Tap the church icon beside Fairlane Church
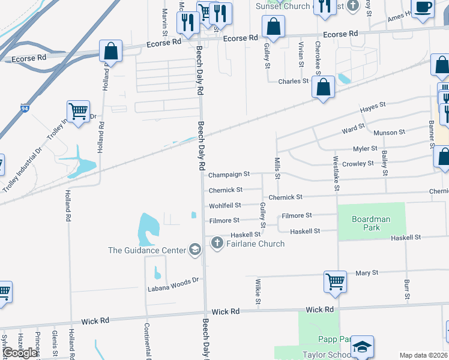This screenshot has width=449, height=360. (217, 243)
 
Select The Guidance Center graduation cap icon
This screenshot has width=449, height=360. (194, 250)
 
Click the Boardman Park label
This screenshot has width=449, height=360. (371, 223)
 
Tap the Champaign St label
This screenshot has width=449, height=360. (229, 175)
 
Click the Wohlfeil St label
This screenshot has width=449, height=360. (225, 205)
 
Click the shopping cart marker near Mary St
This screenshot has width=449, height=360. (334, 281)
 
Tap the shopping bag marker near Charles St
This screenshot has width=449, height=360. (324, 88)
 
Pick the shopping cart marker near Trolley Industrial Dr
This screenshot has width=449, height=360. (78, 112)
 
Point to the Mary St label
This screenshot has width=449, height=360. (366, 272)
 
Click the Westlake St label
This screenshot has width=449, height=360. (337, 175)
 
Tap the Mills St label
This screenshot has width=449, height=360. (277, 168)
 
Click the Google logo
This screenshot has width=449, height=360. (20, 353)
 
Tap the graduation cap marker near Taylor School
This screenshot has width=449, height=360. (362, 346)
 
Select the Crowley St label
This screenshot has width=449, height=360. (358, 163)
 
